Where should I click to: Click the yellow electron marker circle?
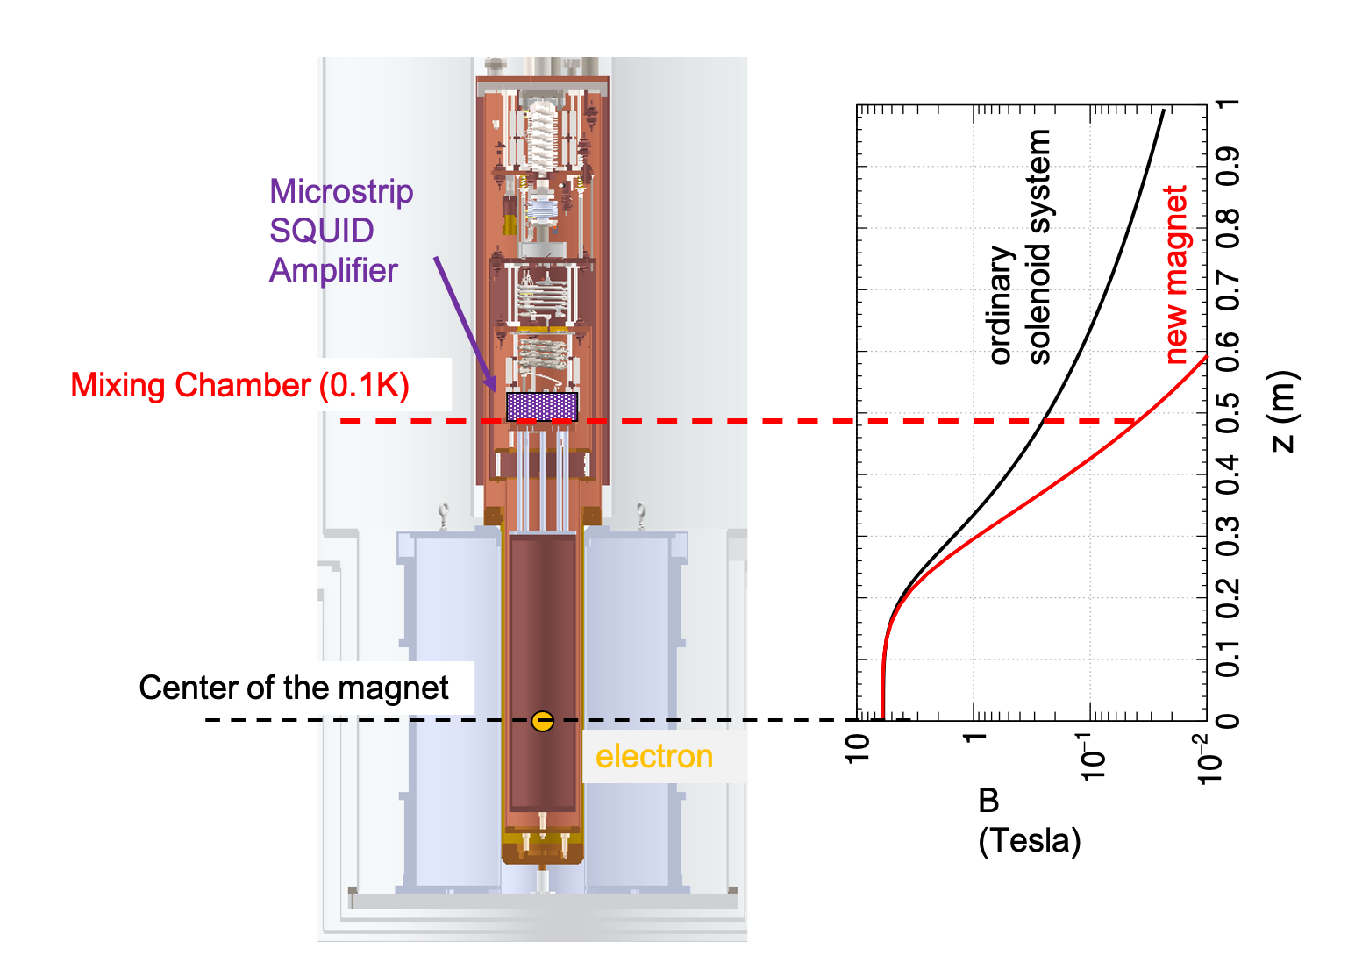[542, 721]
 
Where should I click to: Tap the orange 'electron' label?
[654, 756]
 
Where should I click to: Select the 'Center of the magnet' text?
[294, 688]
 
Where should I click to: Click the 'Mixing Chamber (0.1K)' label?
[240, 385]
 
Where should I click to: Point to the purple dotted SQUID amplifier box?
[542, 407]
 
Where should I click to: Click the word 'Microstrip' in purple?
[341, 192]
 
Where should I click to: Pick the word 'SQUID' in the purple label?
[321, 231]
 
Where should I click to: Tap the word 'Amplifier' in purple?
[333, 270]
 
